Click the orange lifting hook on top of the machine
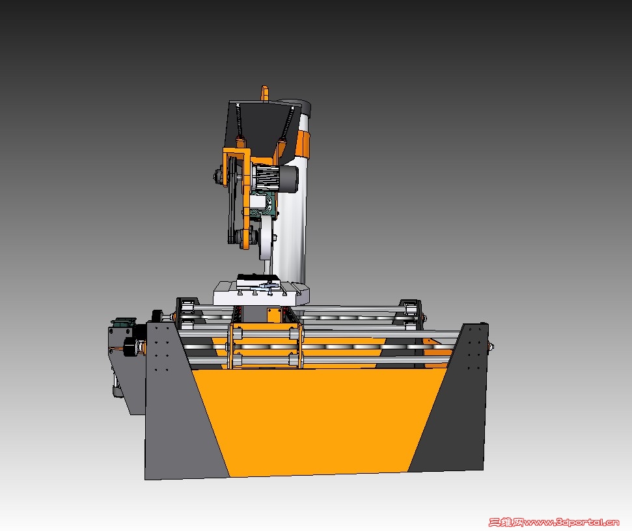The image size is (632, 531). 264,93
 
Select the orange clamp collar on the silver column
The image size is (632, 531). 303,143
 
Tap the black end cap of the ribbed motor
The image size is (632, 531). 289,178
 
